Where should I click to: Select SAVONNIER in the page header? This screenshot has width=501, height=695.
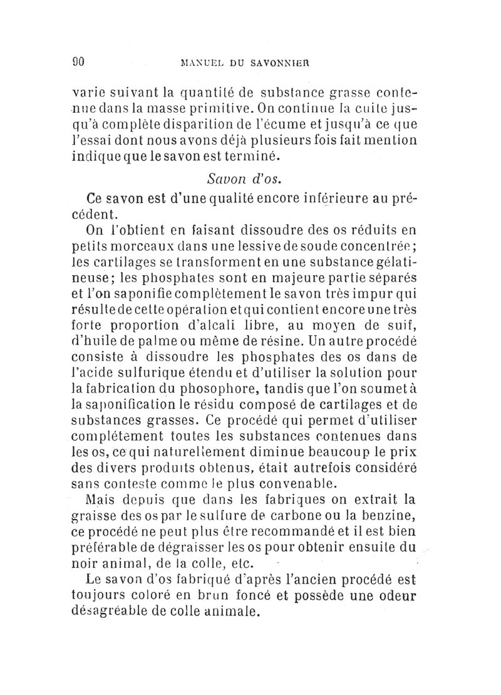coord(284,63)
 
